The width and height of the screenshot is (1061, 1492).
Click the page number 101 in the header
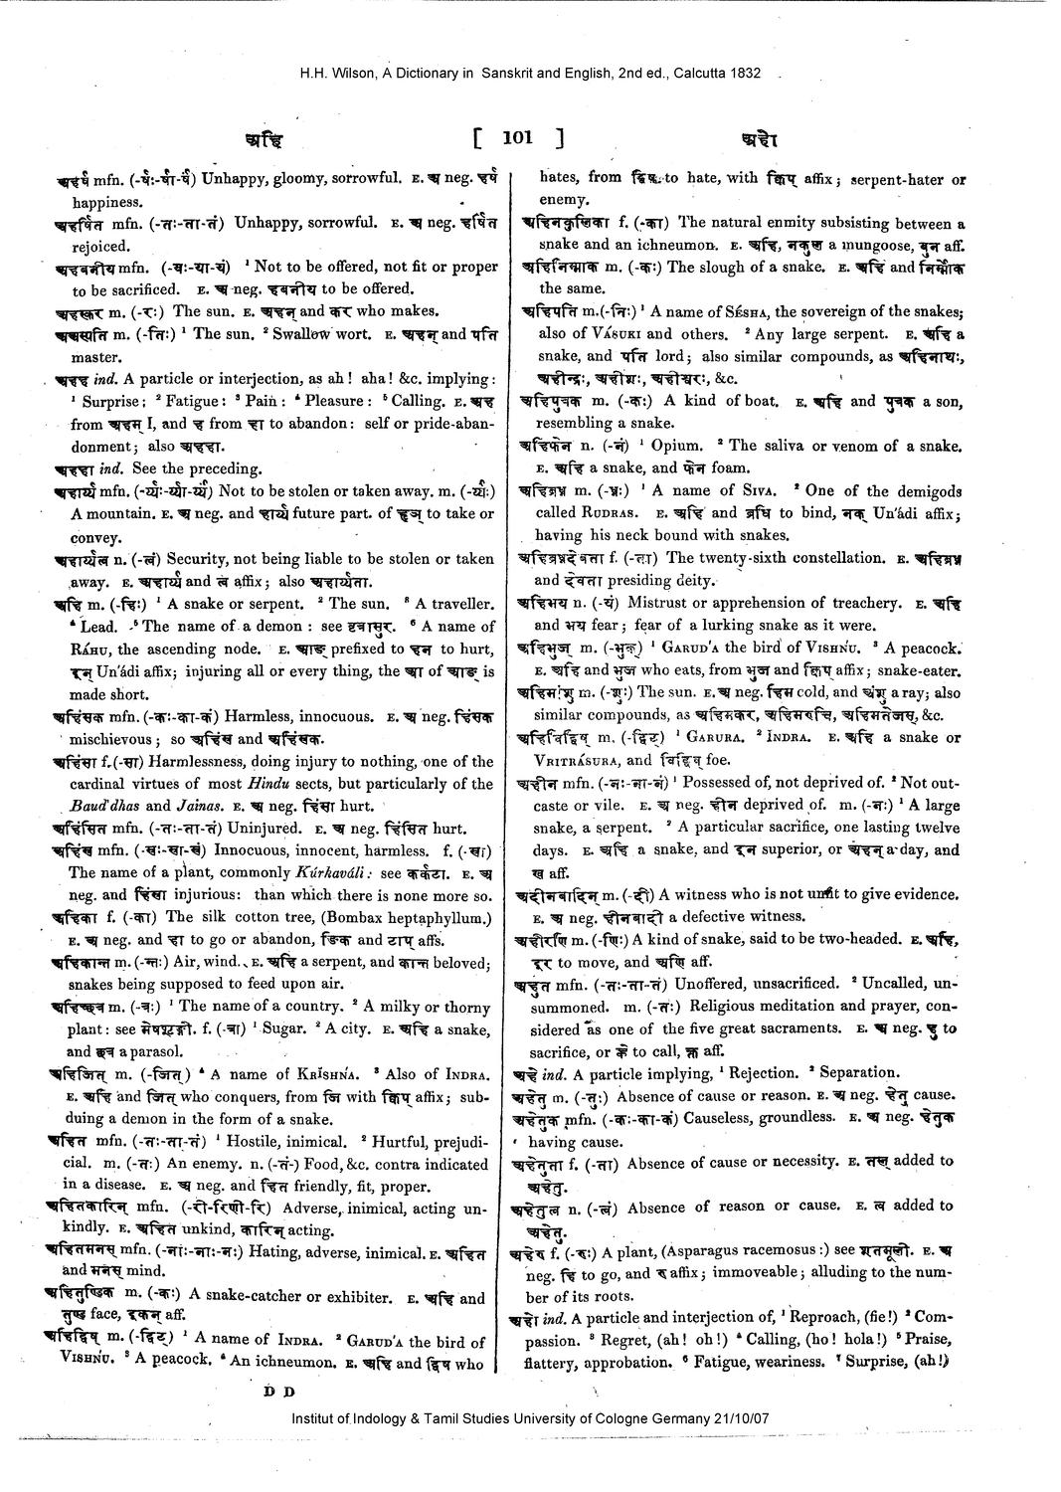517,138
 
